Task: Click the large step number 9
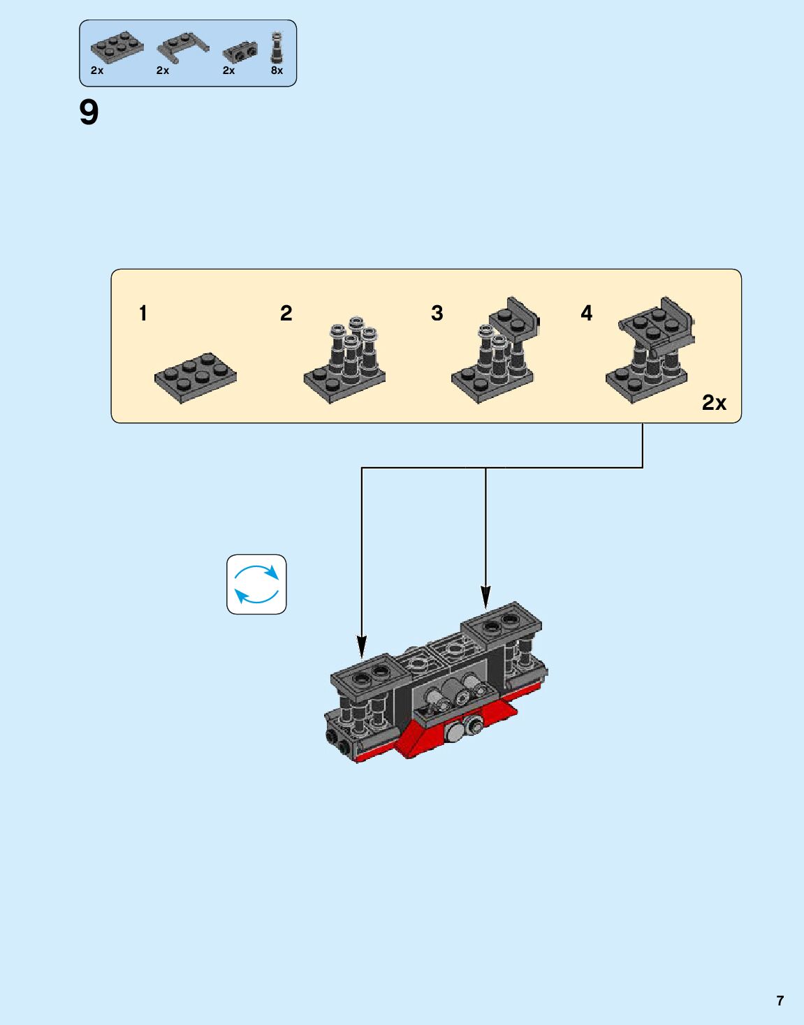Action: point(89,113)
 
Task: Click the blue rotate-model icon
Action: point(256,584)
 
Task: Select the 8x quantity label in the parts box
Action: point(277,71)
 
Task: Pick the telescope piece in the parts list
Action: point(277,48)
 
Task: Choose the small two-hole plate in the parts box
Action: point(240,52)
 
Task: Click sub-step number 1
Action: point(143,313)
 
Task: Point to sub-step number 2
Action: point(286,313)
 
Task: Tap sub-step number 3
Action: point(437,313)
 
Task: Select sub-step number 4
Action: point(586,313)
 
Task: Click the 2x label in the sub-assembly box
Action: point(714,403)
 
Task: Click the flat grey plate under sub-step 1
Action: point(196,377)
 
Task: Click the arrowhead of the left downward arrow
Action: point(361,646)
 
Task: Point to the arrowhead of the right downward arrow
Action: point(485,596)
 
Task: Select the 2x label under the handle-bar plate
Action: point(163,71)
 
